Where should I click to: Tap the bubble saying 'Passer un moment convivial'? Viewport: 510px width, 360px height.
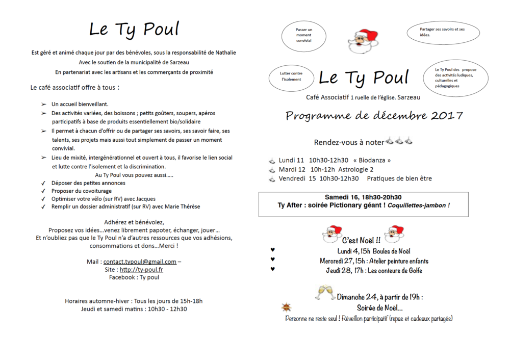(x=304, y=35)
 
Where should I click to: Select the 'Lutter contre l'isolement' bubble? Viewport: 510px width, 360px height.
(x=291, y=76)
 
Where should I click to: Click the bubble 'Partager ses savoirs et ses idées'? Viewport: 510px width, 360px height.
(x=443, y=32)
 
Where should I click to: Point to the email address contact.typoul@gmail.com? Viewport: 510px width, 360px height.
(x=140, y=262)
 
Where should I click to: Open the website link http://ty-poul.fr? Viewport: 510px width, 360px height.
(x=141, y=270)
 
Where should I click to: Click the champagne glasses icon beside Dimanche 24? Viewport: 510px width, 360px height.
(x=324, y=292)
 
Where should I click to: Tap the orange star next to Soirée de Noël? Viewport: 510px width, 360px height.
(x=287, y=307)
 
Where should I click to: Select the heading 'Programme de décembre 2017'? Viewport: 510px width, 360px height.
(x=374, y=116)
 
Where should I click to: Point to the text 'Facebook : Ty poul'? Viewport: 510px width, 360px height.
(x=134, y=277)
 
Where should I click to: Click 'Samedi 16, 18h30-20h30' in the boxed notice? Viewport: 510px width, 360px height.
(x=363, y=197)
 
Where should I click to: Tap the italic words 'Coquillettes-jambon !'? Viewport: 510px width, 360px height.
(x=418, y=205)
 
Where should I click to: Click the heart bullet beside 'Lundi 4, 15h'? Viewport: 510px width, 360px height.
(x=272, y=250)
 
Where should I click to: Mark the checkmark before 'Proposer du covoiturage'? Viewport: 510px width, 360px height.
(x=43, y=191)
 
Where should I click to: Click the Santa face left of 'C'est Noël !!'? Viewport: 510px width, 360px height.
(x=333, y=234)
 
